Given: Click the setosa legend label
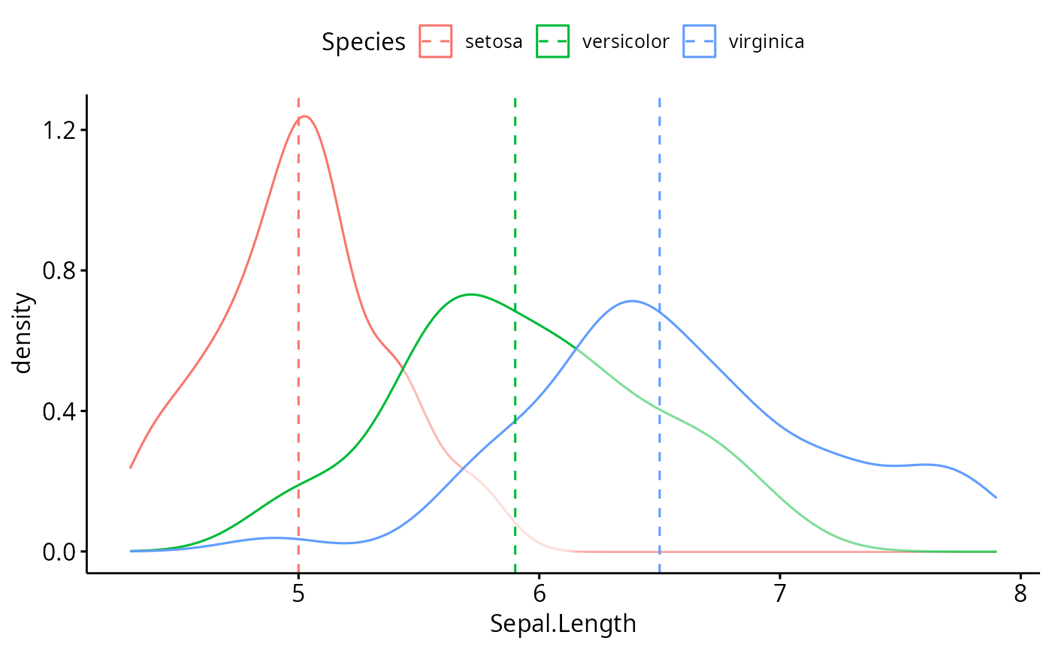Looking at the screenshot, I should point(494,41).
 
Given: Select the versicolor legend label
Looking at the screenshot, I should point(625,41).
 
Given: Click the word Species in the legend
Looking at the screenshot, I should point(364,42).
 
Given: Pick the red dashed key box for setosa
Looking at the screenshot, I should point(435,41).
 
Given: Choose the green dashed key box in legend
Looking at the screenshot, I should point(553,41).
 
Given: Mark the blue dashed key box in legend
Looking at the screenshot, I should point(699,41).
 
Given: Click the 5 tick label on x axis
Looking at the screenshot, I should point(298,593).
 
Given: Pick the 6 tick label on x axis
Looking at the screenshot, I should point(539,593).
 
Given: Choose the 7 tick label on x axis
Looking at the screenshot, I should point(780,593).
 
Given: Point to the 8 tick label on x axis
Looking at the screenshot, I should point(1020,593).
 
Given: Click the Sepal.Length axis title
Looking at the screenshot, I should point(563,624).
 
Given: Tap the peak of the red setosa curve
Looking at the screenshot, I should point(304,116).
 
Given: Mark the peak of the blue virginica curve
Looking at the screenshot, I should point(631,301).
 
